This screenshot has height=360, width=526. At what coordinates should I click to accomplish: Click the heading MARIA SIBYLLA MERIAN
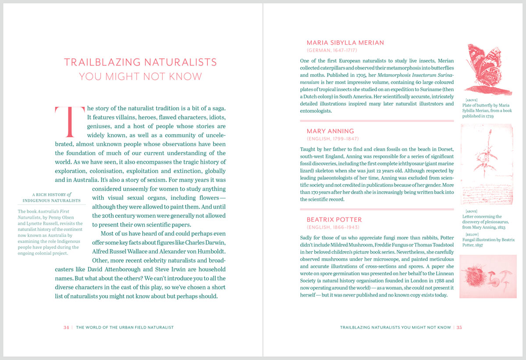tap(345, 43)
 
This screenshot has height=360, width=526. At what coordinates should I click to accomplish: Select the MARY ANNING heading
tap(330, 131)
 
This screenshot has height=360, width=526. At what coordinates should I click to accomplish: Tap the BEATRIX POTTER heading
tap(334, 220)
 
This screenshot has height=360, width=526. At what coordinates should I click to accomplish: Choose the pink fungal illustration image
tap(488, 276)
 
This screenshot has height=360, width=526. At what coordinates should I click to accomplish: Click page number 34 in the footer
tap(66, 327)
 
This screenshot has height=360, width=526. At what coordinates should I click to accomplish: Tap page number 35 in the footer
tap(459, 327)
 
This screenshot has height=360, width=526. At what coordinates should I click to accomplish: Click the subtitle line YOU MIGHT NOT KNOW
tap(140, 77)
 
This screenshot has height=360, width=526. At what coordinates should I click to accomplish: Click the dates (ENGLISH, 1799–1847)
tap(333, 139)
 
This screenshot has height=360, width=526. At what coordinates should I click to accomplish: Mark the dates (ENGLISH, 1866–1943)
tap(333, 228)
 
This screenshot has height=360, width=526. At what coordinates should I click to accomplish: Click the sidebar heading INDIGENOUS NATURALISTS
tap(52, 201)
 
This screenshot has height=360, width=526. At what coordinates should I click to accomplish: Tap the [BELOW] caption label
tap(472, 235)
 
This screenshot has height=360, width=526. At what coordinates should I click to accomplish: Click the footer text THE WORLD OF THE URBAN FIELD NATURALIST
tap(125, 327)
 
